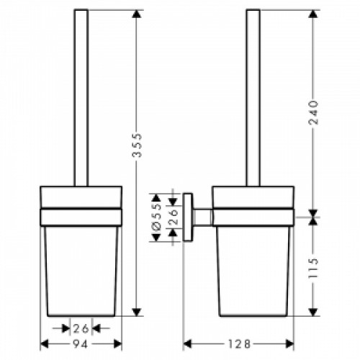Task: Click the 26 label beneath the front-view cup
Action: pos(81,328)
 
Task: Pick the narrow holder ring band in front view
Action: pos(81,215)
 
